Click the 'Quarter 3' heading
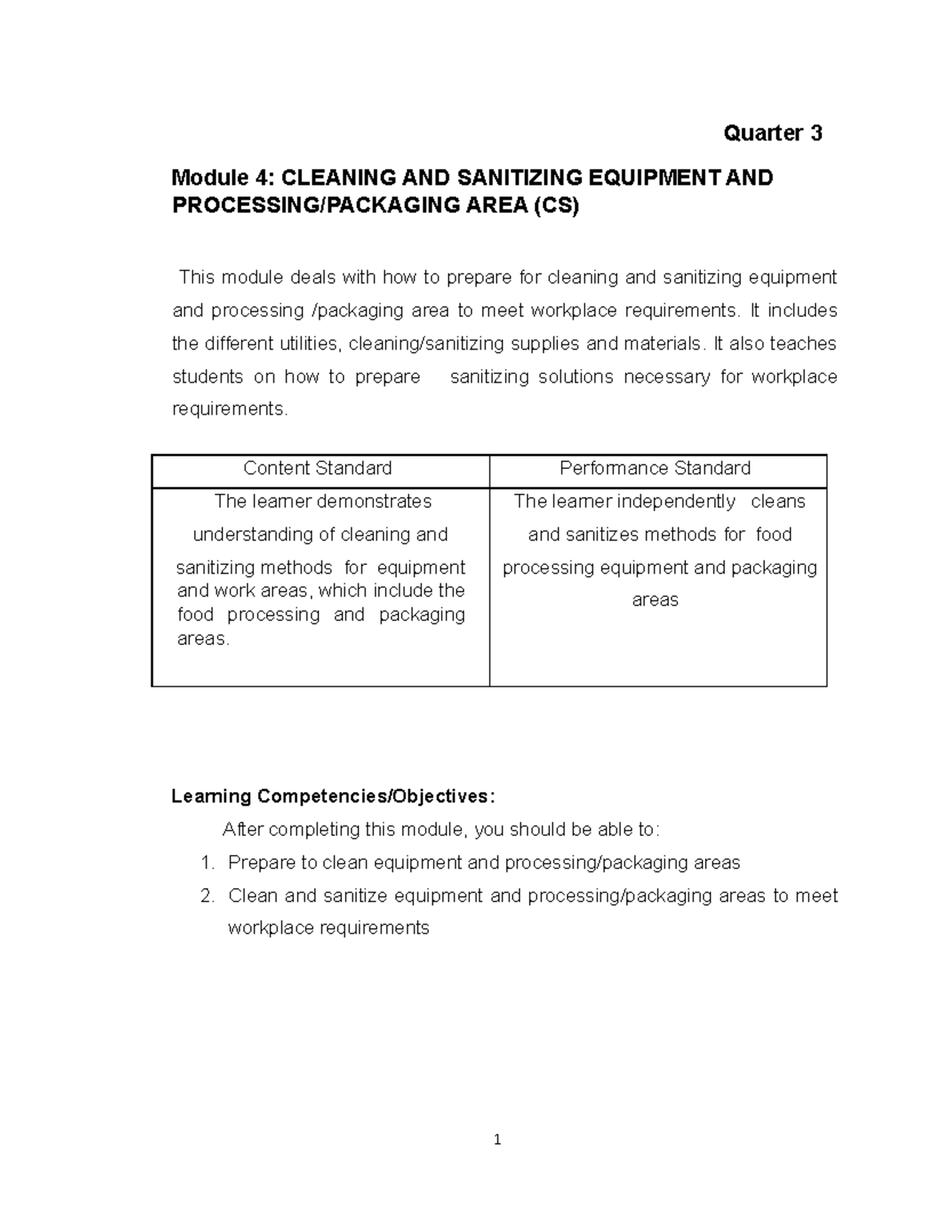(x=772, y=133)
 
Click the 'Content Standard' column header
(x=317, y=468)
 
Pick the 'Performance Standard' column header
(x=655, y=468)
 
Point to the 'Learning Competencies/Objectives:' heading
(x=334, y=796)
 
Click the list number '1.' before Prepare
(x=207, y=863)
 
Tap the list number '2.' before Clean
(x=207, y=896)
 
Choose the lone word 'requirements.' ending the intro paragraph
(x=230, y=409)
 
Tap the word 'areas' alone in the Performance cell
(x=655, y=600)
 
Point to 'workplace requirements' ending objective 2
(x=328, y=928)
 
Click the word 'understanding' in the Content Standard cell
(x=253, y=534)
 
